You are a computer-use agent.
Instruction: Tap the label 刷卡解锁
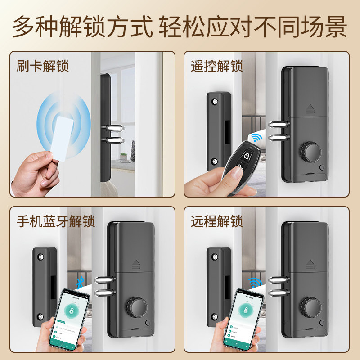(43, 66)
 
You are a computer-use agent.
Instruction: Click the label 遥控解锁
(216, 66)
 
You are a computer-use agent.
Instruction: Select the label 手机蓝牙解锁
(56, 222)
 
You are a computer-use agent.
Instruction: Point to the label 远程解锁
(216, 222)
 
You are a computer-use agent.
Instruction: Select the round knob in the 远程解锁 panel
(310, 308)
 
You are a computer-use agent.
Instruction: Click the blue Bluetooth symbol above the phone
(80, 283)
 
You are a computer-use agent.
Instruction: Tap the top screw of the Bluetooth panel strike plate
(41, 257)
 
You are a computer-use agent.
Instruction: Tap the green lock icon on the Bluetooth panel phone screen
(71, 310)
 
